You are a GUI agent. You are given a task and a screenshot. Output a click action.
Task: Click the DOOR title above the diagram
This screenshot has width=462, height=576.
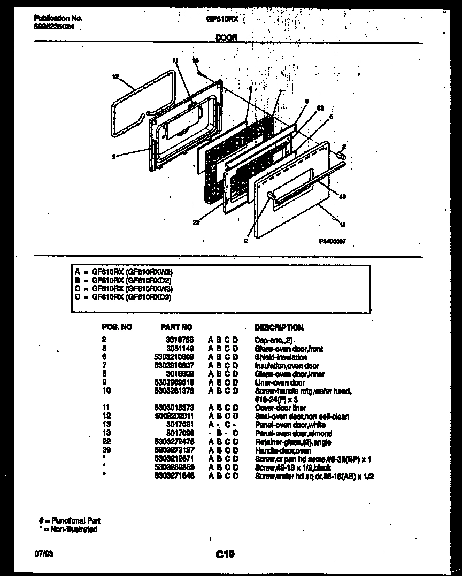tap(226, 37)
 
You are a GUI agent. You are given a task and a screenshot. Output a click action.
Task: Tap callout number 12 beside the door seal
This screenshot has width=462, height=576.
tap(115, 76)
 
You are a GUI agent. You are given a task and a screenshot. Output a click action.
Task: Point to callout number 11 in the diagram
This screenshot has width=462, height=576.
tap(174, 60)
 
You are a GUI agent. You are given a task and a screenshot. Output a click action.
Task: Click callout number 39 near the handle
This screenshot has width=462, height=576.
tap(342, 197)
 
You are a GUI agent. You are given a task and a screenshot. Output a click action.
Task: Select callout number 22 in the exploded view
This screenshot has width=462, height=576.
tap(196, 223)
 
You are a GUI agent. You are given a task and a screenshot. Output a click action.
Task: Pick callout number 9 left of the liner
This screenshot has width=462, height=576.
tap(114, 156)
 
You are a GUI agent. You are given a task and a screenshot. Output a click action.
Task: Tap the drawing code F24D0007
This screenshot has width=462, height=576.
tap(333, 241)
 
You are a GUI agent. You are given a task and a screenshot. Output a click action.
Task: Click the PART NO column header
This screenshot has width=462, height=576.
tap(176, 327)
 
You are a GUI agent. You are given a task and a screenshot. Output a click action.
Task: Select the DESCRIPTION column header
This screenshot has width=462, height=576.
tap(279, 327)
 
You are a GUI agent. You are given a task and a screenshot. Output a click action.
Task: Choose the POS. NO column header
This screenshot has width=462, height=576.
tap(117, 327)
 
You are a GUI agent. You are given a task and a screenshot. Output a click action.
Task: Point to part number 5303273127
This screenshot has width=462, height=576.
tap(178, 451)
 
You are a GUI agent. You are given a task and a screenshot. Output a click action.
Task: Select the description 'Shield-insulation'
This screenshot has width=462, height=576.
tap(281, 357)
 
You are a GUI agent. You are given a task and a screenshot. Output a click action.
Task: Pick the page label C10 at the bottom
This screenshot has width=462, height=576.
tap(225, 555)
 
